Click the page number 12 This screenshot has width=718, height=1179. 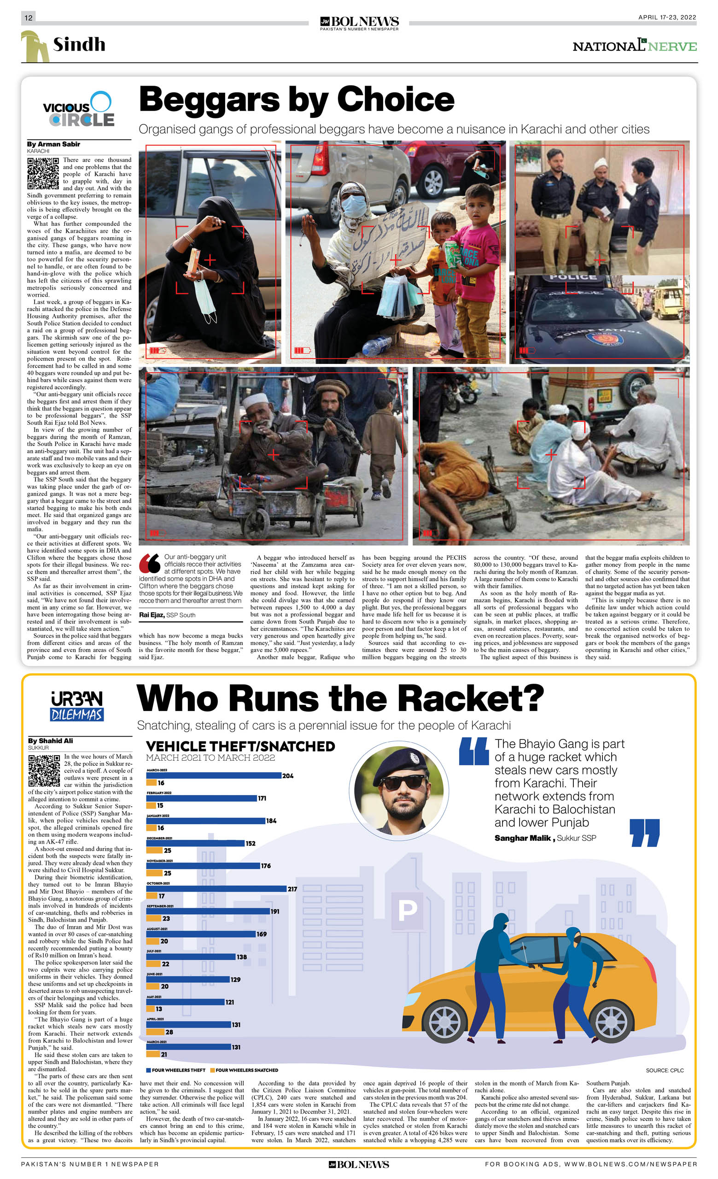tap(28, 18)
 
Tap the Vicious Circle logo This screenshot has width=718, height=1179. tap(78, 110)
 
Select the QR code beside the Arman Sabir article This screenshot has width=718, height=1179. tap(43, 173)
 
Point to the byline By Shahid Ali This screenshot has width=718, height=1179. tap(50, 741)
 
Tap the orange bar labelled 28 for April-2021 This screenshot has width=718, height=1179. tap(156, 1032)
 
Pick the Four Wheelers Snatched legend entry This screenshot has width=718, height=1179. tap(246, 1070)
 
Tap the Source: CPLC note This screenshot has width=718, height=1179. tap(665, 1070)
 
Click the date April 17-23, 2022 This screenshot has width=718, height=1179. tap(667, 18)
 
